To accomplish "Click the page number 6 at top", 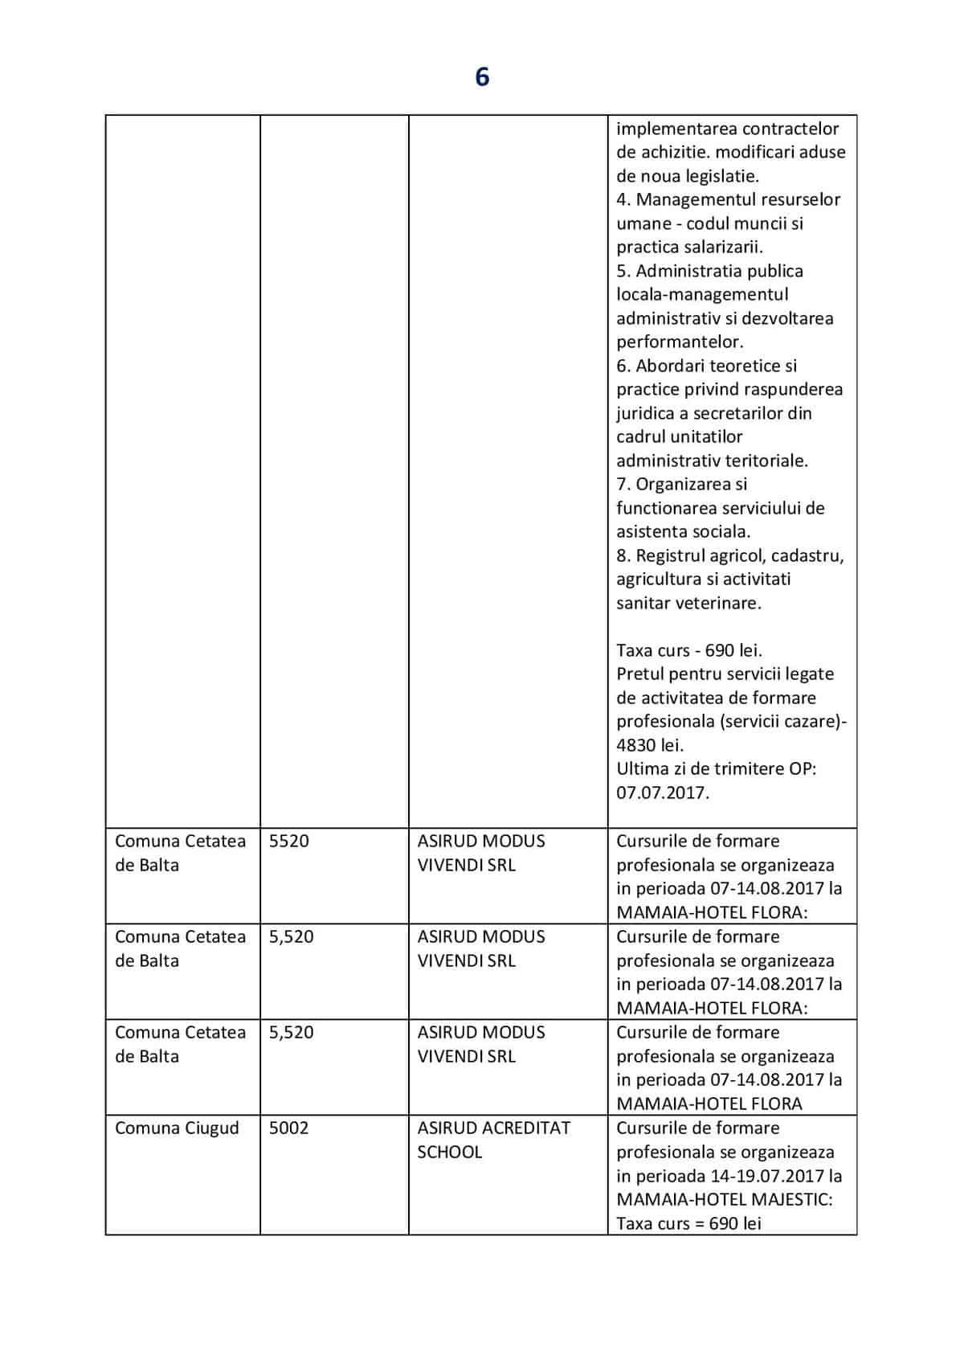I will (482, 77).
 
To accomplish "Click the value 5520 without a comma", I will (288, 842).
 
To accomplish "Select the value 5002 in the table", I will (288, 1128).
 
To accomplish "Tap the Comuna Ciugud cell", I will (177, 1128).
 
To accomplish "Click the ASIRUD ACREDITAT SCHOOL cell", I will (493, 1140).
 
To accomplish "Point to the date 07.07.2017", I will (662, 793).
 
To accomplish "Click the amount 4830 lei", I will (649, 745).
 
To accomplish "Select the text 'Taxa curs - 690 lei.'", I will (688, 650).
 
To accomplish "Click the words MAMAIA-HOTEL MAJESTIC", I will (723, 1200).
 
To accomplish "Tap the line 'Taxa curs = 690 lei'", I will (688, 1224).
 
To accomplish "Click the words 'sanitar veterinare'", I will (688, 603).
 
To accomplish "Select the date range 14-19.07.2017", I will (767, 1176).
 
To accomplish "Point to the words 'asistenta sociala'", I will (683, 531).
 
